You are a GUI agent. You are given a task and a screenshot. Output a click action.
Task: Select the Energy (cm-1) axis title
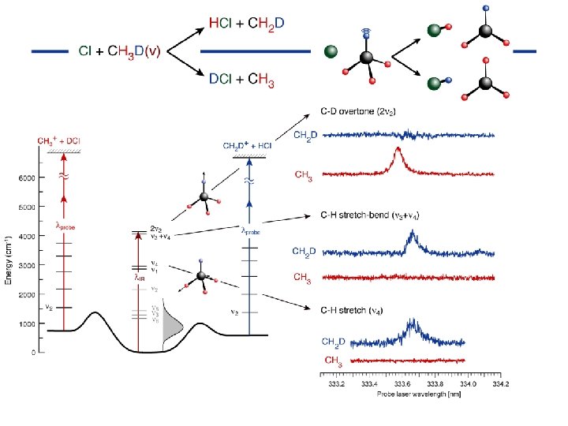(9, 261)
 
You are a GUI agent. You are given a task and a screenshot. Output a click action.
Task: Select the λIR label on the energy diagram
(140, 278)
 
